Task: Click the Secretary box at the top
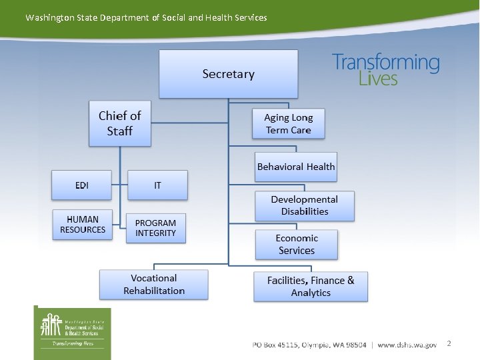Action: [228, 74]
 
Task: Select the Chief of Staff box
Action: [120, 123]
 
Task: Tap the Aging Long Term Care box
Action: [288, 123]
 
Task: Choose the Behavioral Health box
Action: [296, 167]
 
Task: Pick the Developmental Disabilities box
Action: [304, 205]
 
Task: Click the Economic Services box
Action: [297, 245]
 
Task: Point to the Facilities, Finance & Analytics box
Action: [311, 287]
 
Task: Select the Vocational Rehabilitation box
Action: [154, 285]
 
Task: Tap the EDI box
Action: [81, 185]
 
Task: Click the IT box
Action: [157, 185]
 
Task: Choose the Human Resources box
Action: [83, 225]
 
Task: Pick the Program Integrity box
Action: [155, 228]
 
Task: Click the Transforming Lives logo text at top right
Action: [386, 70]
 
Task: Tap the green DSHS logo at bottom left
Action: [73, 332]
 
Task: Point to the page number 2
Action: [449, 343]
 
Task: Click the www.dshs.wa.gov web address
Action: [407, 345]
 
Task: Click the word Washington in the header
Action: [50, 17]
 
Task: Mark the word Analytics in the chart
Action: [311, 293]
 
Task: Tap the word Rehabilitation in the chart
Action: [154, 291]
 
